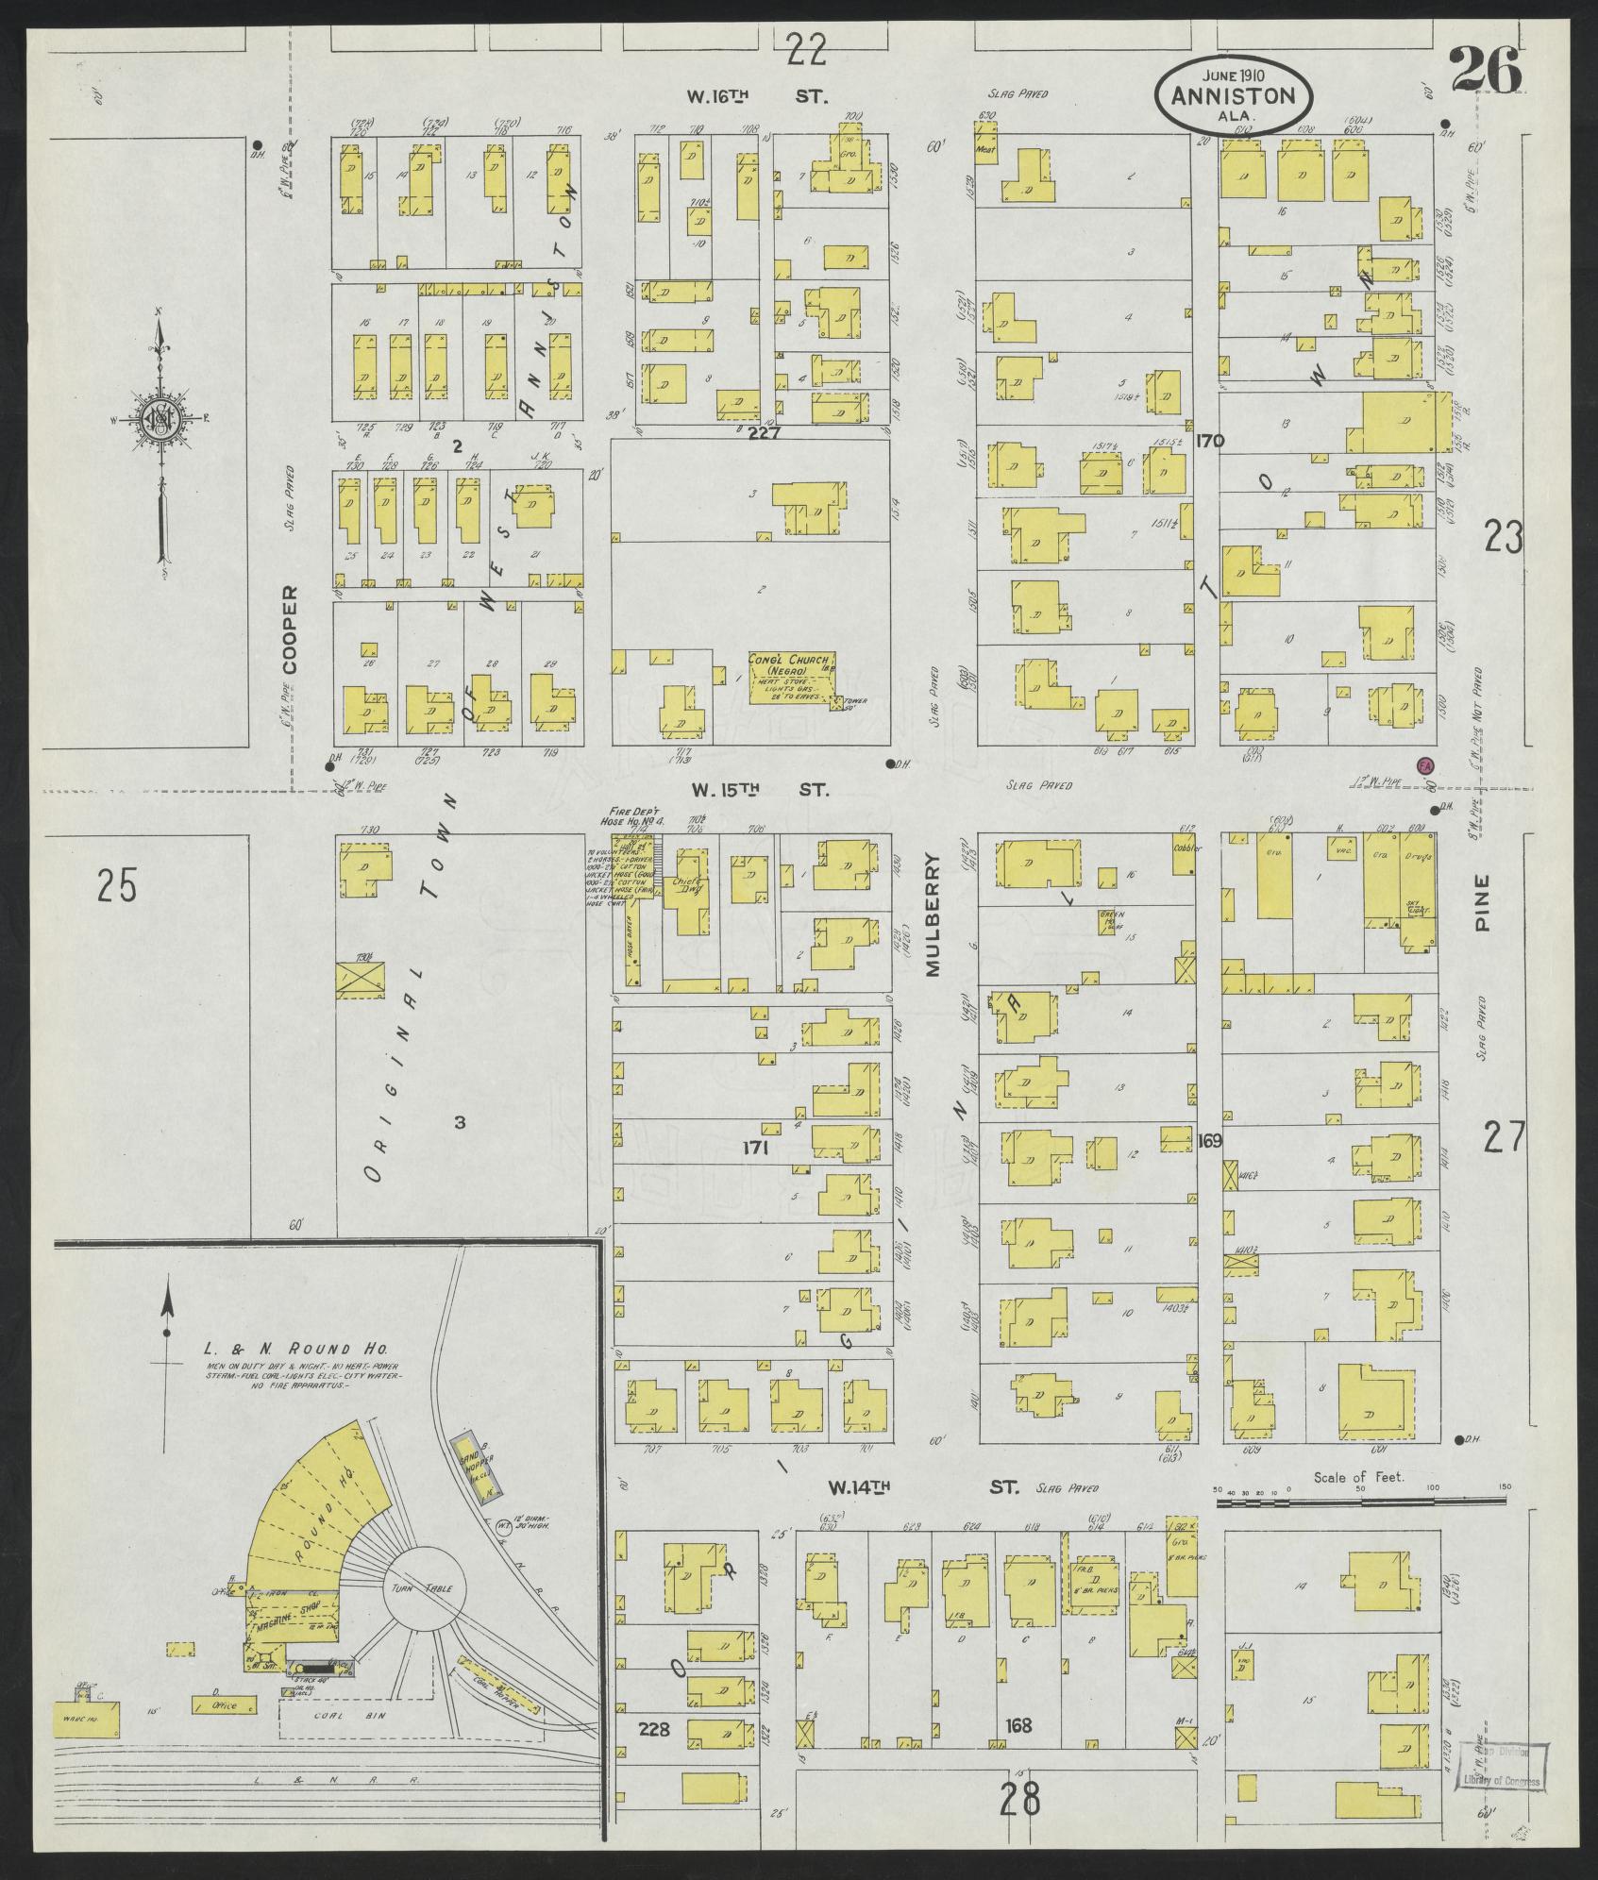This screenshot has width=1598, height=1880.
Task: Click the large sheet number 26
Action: coord(1485,70)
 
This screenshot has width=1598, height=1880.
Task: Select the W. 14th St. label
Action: coord(924,1487)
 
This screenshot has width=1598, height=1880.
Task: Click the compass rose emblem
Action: coord(159,423)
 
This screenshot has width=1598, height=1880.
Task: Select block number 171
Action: coord(755,1149)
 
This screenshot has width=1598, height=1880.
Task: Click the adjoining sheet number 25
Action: coord(117,887)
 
